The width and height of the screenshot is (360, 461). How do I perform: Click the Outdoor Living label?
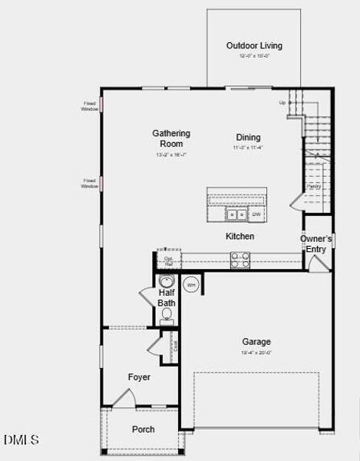point(254,46)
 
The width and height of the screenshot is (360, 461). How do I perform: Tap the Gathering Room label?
point(170,138)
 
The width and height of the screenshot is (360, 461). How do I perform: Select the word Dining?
point(248,136)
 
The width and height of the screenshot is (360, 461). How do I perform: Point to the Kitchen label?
point(239,236)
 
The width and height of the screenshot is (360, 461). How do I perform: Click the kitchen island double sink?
point(237,214)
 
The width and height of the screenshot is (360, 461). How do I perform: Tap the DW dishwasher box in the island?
point(256,214)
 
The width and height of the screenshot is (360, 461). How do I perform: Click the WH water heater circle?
point(191,284)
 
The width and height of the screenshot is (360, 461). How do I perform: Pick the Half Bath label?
point(167,298)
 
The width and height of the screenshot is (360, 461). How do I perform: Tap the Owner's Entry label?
point(316,244)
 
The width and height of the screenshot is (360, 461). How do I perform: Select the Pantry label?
point(313,186)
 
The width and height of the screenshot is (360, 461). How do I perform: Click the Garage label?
point(256,342)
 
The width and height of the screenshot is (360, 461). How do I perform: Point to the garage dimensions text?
point(256,353)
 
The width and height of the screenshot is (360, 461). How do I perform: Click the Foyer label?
point(139,377)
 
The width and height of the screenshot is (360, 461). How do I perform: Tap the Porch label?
point(144,429)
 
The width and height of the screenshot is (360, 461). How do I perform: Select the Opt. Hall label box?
point(168,260)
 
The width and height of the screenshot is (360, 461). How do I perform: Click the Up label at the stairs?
point(282,102)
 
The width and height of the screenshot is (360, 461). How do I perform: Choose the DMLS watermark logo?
point(21,439)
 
